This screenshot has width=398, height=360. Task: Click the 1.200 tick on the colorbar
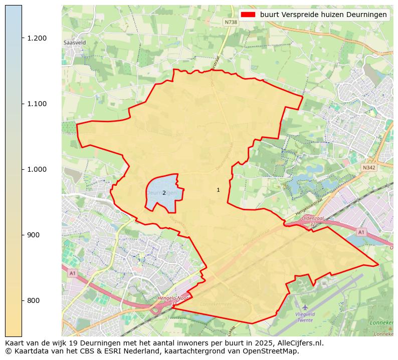pos(38,38)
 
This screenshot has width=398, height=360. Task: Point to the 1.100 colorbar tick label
pos(38,104)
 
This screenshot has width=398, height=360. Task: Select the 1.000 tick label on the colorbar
pos(38,169)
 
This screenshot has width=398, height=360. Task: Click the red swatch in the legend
pos(248,15)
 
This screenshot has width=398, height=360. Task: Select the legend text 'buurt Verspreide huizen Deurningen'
pos(323,15)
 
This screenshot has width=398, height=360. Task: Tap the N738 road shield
pos(231,22)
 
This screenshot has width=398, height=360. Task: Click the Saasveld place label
pos(75,43)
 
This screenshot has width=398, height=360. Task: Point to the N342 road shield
pos(369,168)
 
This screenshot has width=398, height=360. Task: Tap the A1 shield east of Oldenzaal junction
pos(360,232)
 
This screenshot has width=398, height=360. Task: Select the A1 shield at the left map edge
pos(72,273)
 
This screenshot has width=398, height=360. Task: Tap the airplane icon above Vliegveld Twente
pos(305,306)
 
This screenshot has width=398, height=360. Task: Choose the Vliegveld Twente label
pos(305,316)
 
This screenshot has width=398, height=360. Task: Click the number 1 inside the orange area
pos(218,190)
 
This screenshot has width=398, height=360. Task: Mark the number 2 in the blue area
pos(164,193)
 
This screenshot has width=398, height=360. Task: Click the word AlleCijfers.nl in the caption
pos(300,343)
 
